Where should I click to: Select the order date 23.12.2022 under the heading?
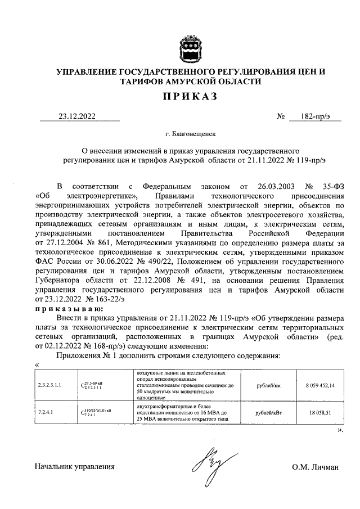click(x=77, y=117)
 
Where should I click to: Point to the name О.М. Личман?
click(x=315, y=467)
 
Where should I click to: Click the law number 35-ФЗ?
click(x=330, y=185)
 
